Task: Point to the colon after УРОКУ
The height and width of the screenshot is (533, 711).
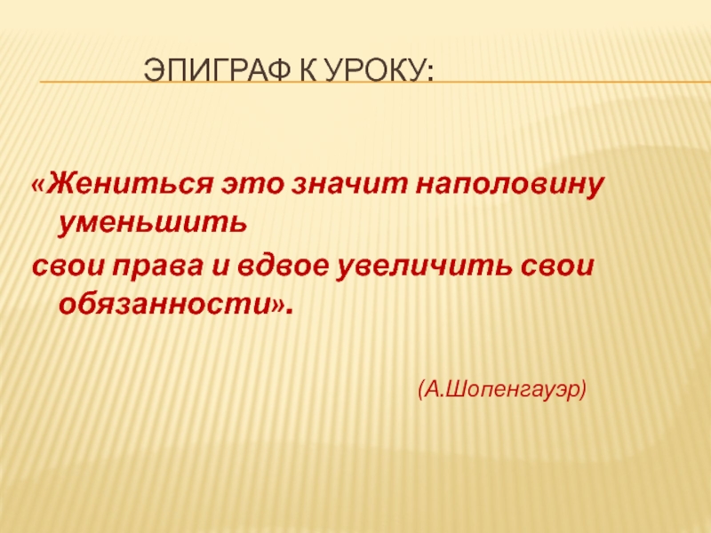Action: (x=428, y=71)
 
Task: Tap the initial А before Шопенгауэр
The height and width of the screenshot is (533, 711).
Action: (x=435, y=389)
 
